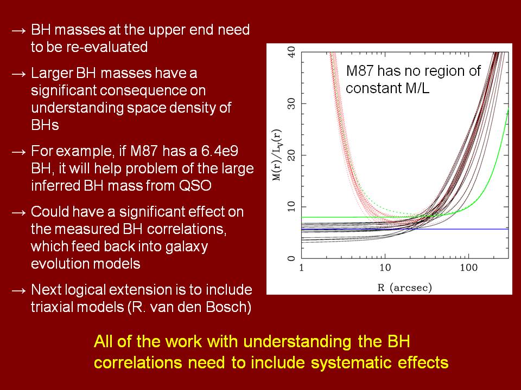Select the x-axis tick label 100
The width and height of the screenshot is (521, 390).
pos(468,268)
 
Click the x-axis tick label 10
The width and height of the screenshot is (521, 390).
pos(384,268)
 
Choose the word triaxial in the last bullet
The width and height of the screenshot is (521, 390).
pos(50,308)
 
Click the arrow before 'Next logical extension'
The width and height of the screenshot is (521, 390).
pos(18,290)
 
